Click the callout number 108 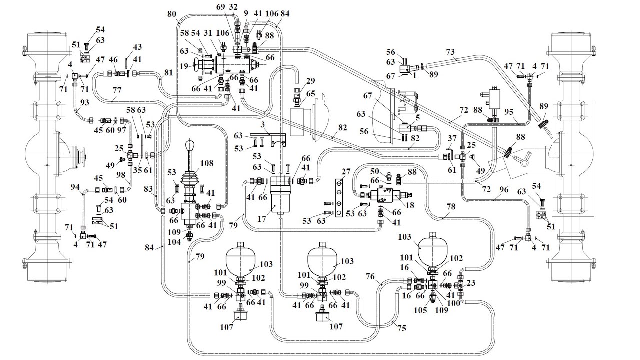coord(206,163)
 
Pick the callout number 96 coord(503,189)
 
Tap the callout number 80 coord(172,14)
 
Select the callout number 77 coord(117,91)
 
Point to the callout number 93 coord(84,102)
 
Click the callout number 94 coord(75,187)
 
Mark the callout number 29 coord(311,81)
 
